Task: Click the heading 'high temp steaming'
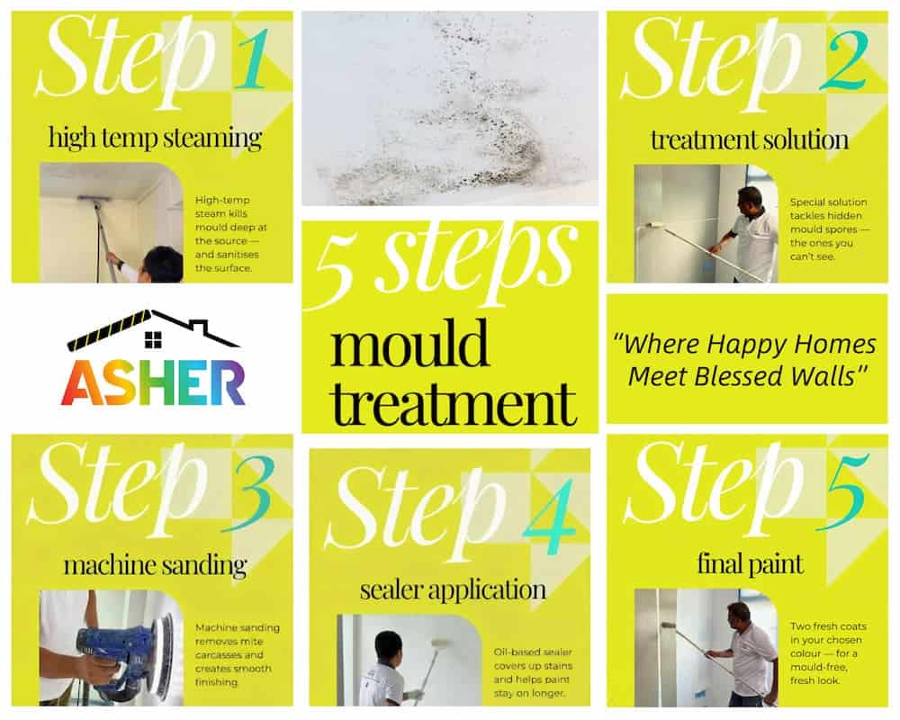tap(154, 139)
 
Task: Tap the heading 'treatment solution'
tap(749, 140)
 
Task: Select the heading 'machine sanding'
tap(154, 565)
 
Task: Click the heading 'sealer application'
tap(452, 589)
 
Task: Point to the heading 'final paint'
tap(750, 564)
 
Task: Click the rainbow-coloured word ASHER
tap(153, 382)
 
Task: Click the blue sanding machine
tap(121, 652)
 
